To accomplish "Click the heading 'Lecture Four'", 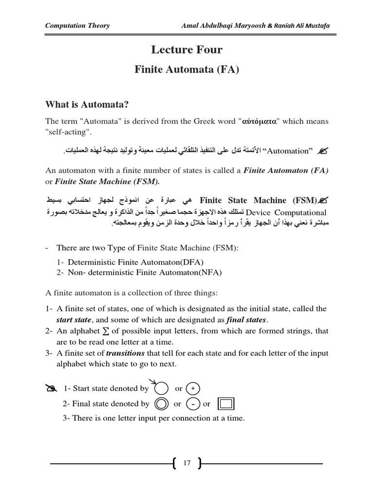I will point(187,49).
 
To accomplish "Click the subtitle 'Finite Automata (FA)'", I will point(187,70).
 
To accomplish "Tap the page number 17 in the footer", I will point(187,463).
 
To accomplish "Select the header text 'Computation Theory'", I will point(77,26).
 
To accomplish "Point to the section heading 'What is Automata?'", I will point(88,104).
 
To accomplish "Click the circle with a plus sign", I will point(193,388).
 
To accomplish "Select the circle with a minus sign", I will point(193,403).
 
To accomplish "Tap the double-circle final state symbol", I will point(161,403).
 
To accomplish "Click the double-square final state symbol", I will point(226,403).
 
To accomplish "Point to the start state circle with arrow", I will point(161,388).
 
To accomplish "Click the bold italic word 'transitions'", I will point(125,353).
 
